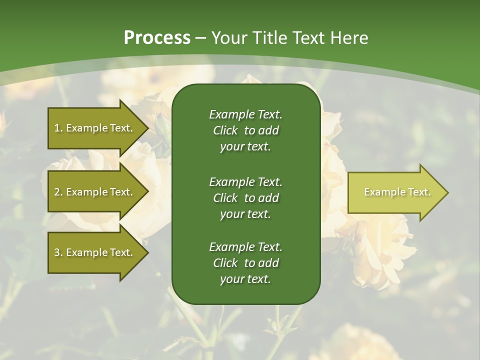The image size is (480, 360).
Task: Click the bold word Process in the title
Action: (157, 38)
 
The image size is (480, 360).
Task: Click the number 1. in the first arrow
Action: (59, 128)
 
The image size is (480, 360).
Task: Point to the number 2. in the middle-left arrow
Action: (59, 192)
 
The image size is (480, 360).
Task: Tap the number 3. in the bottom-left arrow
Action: (59, 252)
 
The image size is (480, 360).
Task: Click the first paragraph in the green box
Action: (245, 130)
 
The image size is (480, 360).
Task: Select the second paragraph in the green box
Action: (245, 198)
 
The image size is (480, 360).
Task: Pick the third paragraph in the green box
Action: (245, 263)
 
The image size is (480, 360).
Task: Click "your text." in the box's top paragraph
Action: (245, 147)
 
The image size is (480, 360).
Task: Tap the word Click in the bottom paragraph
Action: (225, 263)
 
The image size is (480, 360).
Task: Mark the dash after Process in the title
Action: (200, 38)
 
